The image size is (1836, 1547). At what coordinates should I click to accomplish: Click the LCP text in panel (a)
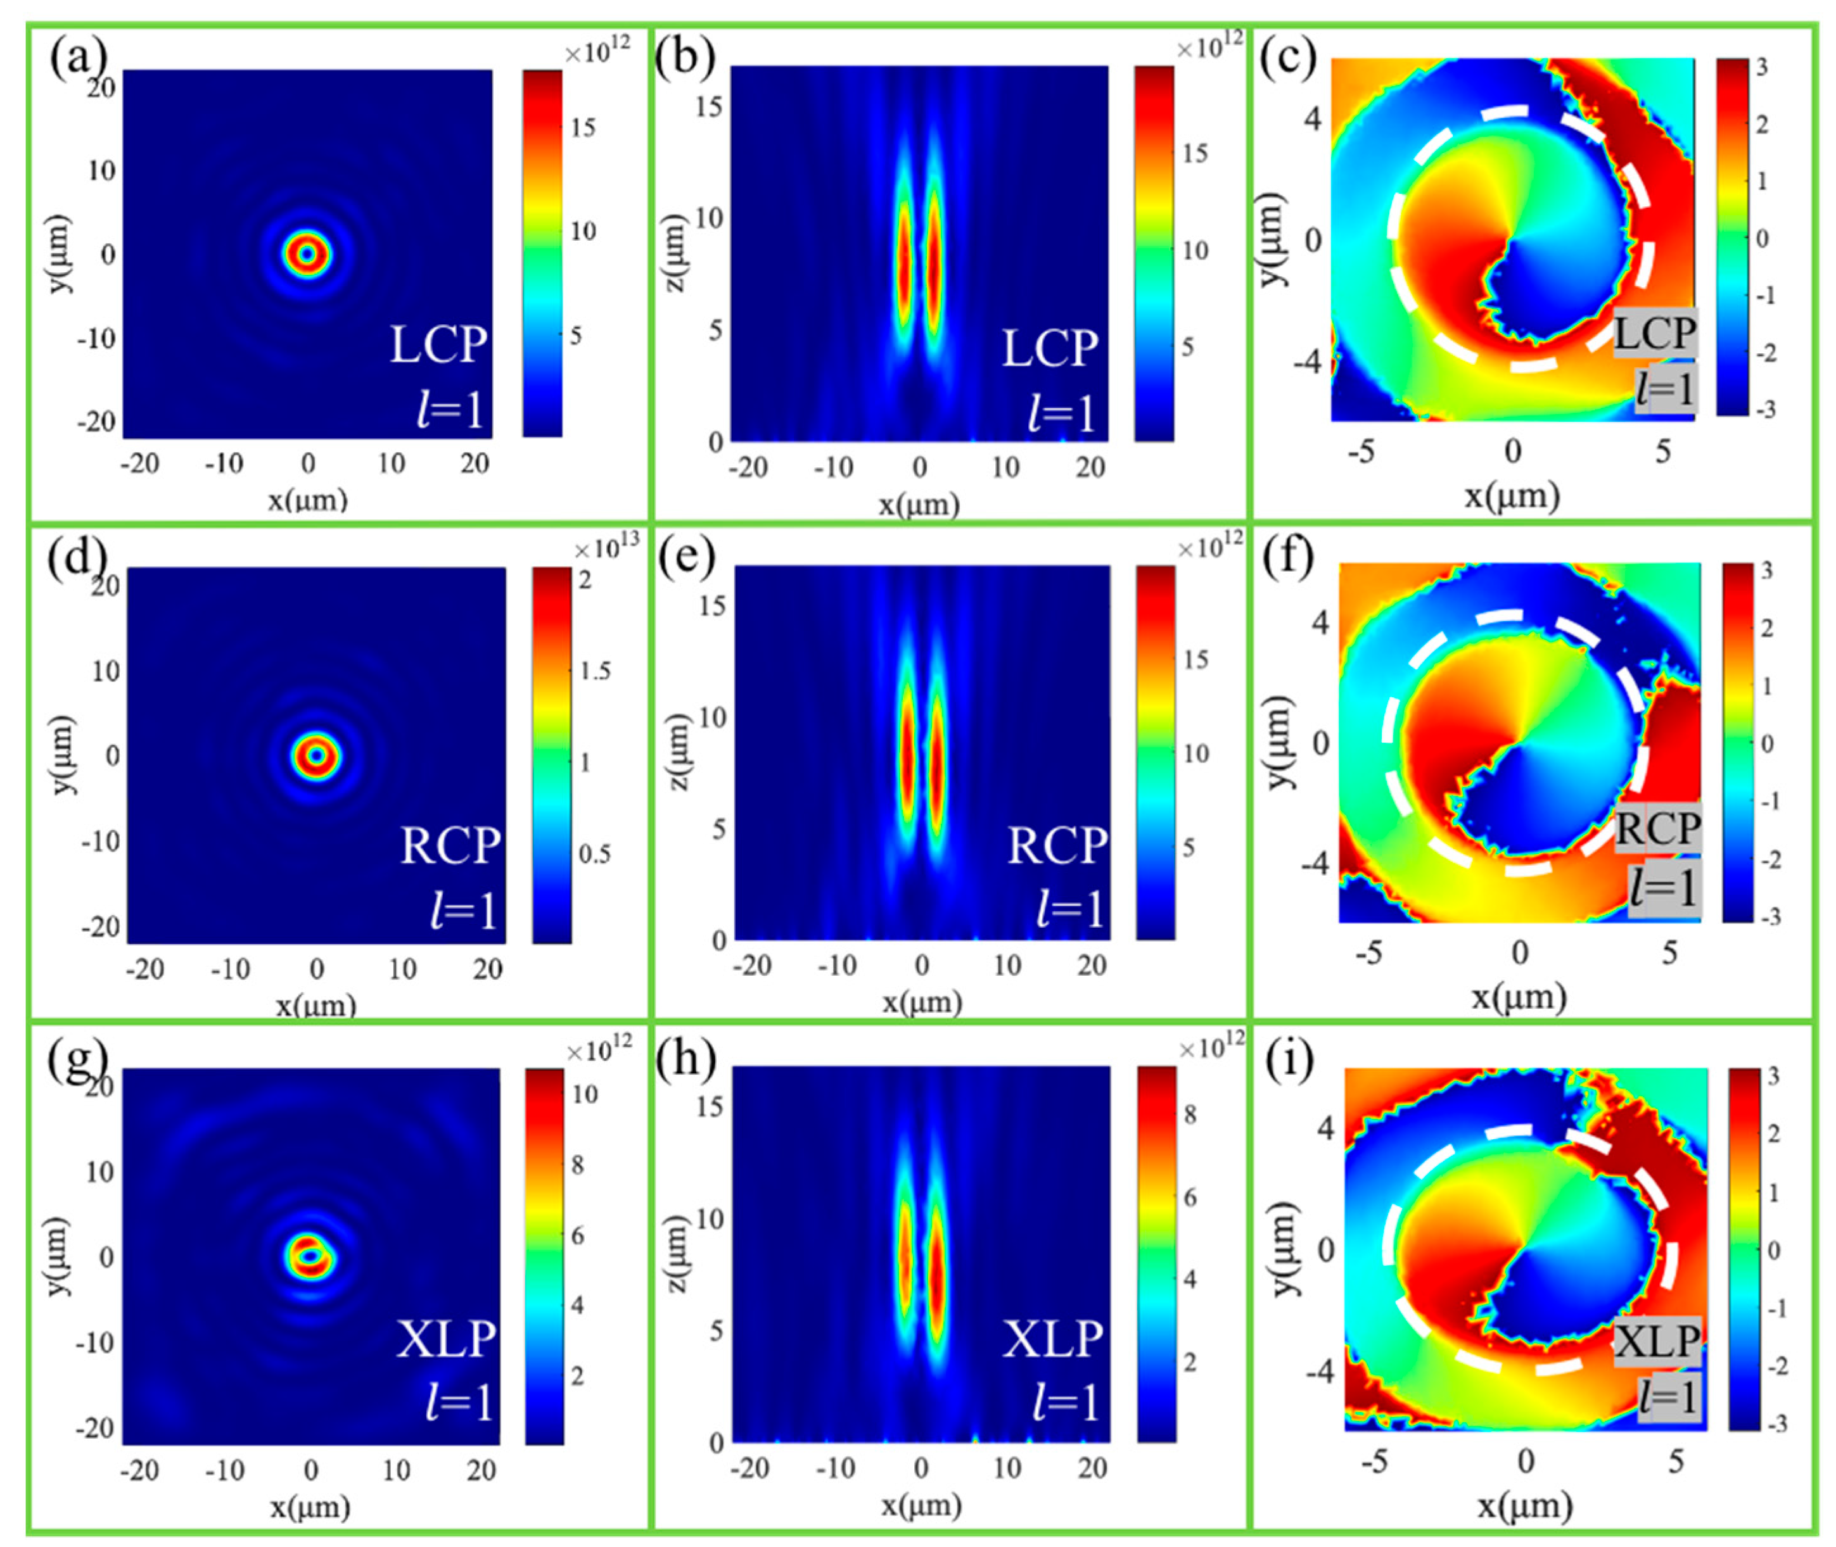point(438,344)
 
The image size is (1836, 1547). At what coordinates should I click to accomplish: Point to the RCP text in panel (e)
point(1056,846)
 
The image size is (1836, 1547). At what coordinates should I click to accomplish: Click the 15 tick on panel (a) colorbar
point(582,128)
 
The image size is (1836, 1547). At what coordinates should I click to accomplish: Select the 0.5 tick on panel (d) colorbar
point(595,854)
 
